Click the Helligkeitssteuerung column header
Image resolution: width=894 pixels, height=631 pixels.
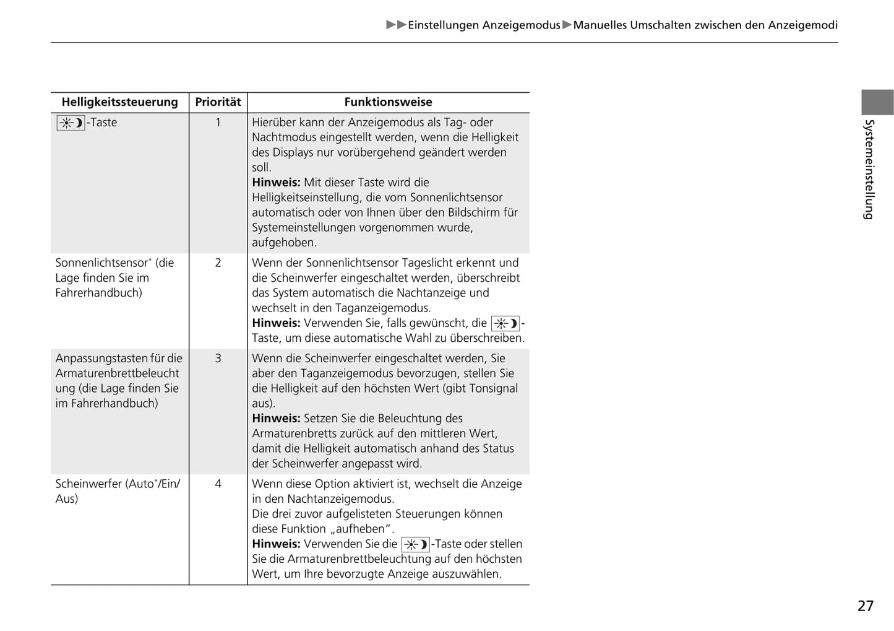[119, 102]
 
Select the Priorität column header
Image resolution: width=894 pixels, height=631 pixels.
[218, 102]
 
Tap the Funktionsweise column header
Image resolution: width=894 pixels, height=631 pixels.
[388, 102]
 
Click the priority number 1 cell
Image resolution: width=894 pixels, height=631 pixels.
[218, 123]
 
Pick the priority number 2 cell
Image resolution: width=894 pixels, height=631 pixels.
[218, 263]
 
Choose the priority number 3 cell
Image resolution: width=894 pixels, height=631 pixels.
[218, 358]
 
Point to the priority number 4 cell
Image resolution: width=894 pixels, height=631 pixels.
[218, 484]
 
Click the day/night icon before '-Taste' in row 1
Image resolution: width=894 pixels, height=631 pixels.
[71, 123]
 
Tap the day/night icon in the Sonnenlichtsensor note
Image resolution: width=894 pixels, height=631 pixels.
[505, 323]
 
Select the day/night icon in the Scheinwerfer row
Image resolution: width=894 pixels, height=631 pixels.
[415, 544]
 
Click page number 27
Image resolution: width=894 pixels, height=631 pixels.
[865, 606]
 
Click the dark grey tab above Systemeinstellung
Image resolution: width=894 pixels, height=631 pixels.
[877, 102]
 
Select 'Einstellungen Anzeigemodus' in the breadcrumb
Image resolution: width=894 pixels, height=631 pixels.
[484, 25]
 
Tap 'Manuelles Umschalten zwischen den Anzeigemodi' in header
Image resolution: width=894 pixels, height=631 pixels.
[705, 25]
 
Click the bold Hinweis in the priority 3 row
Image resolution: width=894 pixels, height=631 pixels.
[276, 419]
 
